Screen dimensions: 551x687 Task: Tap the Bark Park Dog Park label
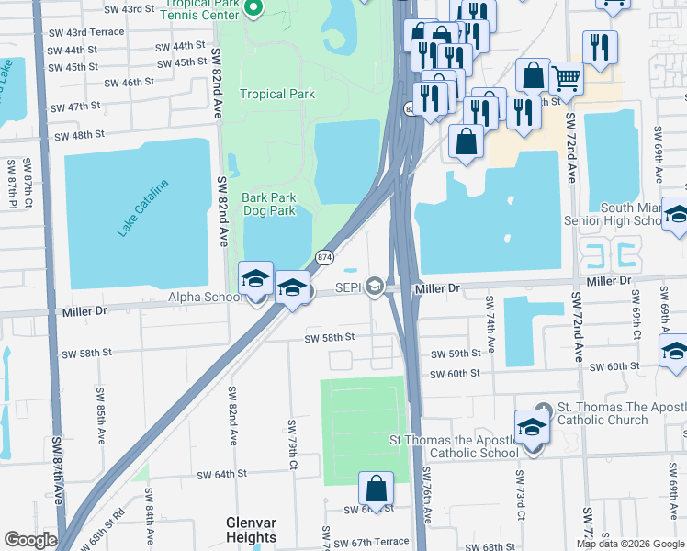[268, 204]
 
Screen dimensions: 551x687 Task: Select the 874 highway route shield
[323, 258]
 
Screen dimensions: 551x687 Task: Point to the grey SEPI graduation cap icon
[374, 287]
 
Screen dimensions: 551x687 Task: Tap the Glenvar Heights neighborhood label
[251, 530]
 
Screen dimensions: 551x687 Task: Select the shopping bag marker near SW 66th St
[376, 487]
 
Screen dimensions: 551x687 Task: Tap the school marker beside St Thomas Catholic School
[531, 425]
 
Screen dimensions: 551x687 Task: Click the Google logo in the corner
[29, 539]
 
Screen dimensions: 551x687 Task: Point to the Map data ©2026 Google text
[629, 544]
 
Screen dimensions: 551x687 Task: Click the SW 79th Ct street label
[293, 441]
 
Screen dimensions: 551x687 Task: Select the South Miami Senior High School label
[643, 215]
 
